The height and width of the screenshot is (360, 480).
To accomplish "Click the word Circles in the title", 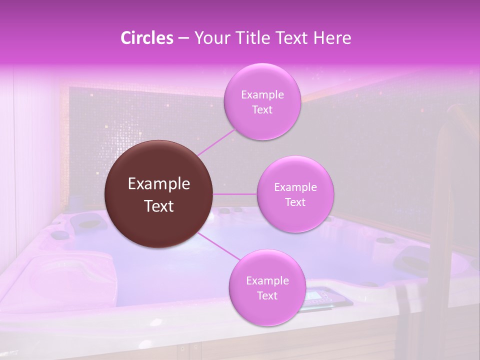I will [x=146, y=38].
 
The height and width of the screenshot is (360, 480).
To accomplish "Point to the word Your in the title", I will [x=210, y=38].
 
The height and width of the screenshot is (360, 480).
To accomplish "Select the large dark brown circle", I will [x=159, y=194].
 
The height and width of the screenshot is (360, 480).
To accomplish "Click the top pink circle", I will [x=262, y=102].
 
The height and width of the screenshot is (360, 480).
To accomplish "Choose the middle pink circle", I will [x=295, y=194].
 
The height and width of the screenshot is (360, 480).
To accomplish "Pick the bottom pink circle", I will [x=267, y=288].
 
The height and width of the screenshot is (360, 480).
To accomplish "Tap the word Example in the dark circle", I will [x=159, y=184].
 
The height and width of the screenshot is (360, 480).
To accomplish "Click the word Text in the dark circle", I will [x=159, y=206].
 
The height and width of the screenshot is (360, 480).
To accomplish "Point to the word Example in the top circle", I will [x=262, y=95].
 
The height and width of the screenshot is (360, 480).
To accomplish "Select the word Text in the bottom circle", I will [x=267, y=295].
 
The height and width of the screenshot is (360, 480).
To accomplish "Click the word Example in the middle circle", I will [x=295, y=187].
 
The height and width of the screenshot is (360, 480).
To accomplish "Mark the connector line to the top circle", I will [x=216, y=141].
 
